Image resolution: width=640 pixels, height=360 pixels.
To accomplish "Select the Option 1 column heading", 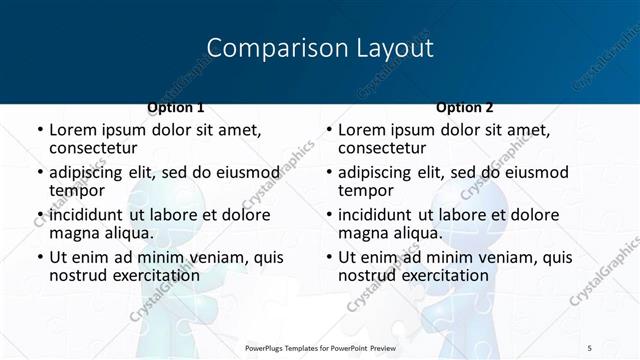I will point(175,107).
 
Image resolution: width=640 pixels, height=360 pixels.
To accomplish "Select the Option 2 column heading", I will point(465,107).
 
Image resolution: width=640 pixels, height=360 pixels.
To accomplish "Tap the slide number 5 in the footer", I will point(589,347).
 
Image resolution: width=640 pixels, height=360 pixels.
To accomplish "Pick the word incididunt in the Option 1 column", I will point(85,215).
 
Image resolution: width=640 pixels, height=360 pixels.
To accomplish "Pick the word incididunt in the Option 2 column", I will point(374,215).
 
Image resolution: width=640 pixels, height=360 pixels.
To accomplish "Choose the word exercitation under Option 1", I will point(154,275).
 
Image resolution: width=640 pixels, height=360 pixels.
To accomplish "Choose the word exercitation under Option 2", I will point(443,275).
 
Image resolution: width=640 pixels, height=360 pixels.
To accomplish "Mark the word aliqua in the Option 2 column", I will point(419,233).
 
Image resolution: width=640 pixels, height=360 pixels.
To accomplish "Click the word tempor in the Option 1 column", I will point(77,190).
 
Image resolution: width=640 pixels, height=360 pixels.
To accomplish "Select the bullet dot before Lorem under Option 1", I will point(40,130).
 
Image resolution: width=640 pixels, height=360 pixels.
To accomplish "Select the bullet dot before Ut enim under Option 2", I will point(329,257).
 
